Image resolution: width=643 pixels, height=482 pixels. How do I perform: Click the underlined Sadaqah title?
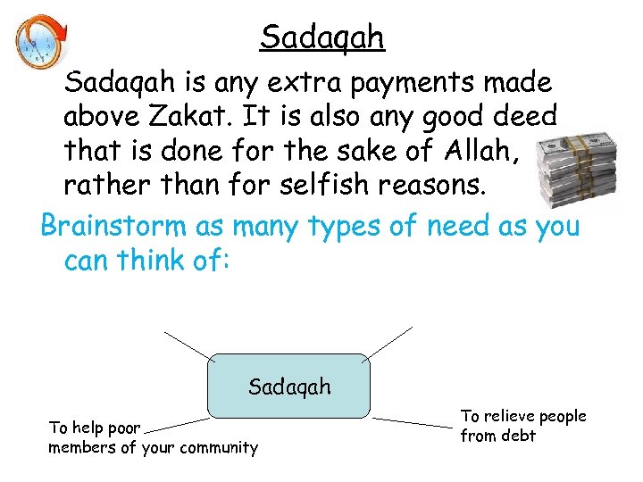click(x=321, y=37)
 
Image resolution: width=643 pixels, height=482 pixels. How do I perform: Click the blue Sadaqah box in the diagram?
click(x=289, y=386)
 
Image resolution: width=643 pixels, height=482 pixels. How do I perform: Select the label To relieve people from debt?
click(x=522, y=426)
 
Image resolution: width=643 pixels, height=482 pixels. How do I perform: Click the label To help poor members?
click(x=153, y=437)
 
